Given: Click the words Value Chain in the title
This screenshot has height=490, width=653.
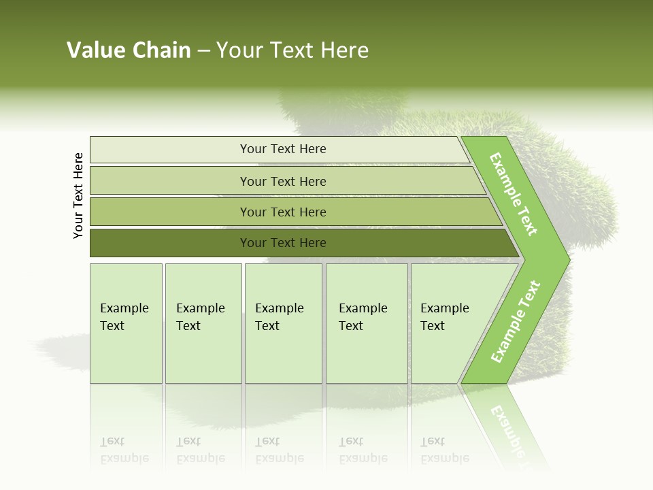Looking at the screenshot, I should pyautogui.click(x=129, y=50).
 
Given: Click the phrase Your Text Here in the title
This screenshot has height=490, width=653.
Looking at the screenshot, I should pyautogui.click(x=292, y=50).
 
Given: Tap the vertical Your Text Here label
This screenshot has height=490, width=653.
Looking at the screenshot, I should pyautogui.click(x=78, y=196).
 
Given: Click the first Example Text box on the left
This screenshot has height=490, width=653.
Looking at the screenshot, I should pyautogui.click(x=126, y=323).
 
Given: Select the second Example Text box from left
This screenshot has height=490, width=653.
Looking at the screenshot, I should pyautogui.click(x=203, y=323).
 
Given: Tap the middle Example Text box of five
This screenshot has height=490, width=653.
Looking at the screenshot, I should pyautogui.click(x=283, y=323).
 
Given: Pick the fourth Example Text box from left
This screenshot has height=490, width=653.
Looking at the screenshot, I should pyautogui.click(x=367, y=323).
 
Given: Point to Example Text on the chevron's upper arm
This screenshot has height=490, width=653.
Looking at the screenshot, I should pyautogui.click(x=514, y=194).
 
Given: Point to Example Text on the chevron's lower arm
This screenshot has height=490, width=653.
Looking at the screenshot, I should pyautogui.click(x=515, y=322).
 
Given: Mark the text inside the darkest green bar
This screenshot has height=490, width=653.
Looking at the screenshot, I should pyautogui.click(x=283, y=243).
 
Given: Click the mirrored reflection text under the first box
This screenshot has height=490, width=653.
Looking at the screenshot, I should pyautogui.click(x=124, y=451).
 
